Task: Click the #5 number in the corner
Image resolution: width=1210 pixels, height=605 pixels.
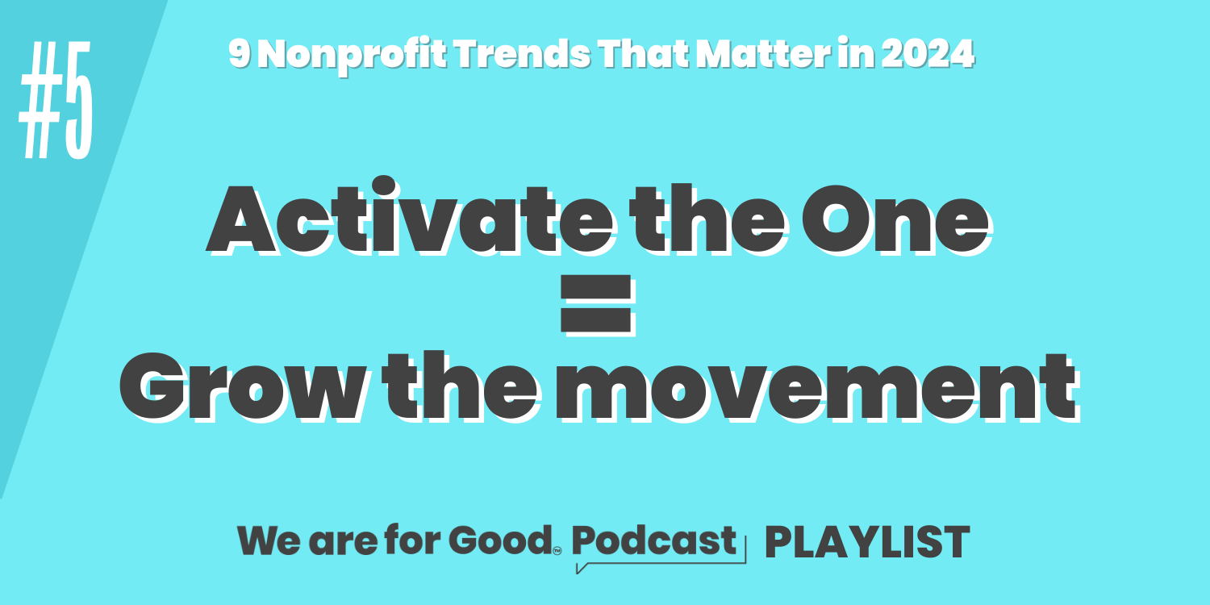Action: (56, 100)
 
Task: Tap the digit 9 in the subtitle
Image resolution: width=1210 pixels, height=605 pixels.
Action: (239, 53)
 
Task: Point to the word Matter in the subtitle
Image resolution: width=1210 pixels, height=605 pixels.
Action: (763, 53)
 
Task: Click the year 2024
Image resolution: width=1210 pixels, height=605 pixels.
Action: (928, 53)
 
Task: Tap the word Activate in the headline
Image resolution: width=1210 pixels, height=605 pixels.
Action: (410, 216)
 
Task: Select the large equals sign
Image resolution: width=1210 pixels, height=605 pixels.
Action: (596, 304)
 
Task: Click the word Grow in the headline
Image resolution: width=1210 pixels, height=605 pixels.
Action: (243, 386)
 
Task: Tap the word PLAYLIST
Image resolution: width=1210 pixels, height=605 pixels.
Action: (867, 542)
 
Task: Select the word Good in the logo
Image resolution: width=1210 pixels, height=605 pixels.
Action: (500, 540)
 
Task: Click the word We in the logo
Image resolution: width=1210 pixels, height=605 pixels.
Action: (269, 540)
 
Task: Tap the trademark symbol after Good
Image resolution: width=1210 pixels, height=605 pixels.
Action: (557, 551)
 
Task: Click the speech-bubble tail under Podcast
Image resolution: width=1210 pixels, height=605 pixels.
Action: (582, 568)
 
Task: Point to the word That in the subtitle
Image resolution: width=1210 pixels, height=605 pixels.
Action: (644, 53)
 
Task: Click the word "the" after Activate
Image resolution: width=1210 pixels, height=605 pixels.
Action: (707, 218)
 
